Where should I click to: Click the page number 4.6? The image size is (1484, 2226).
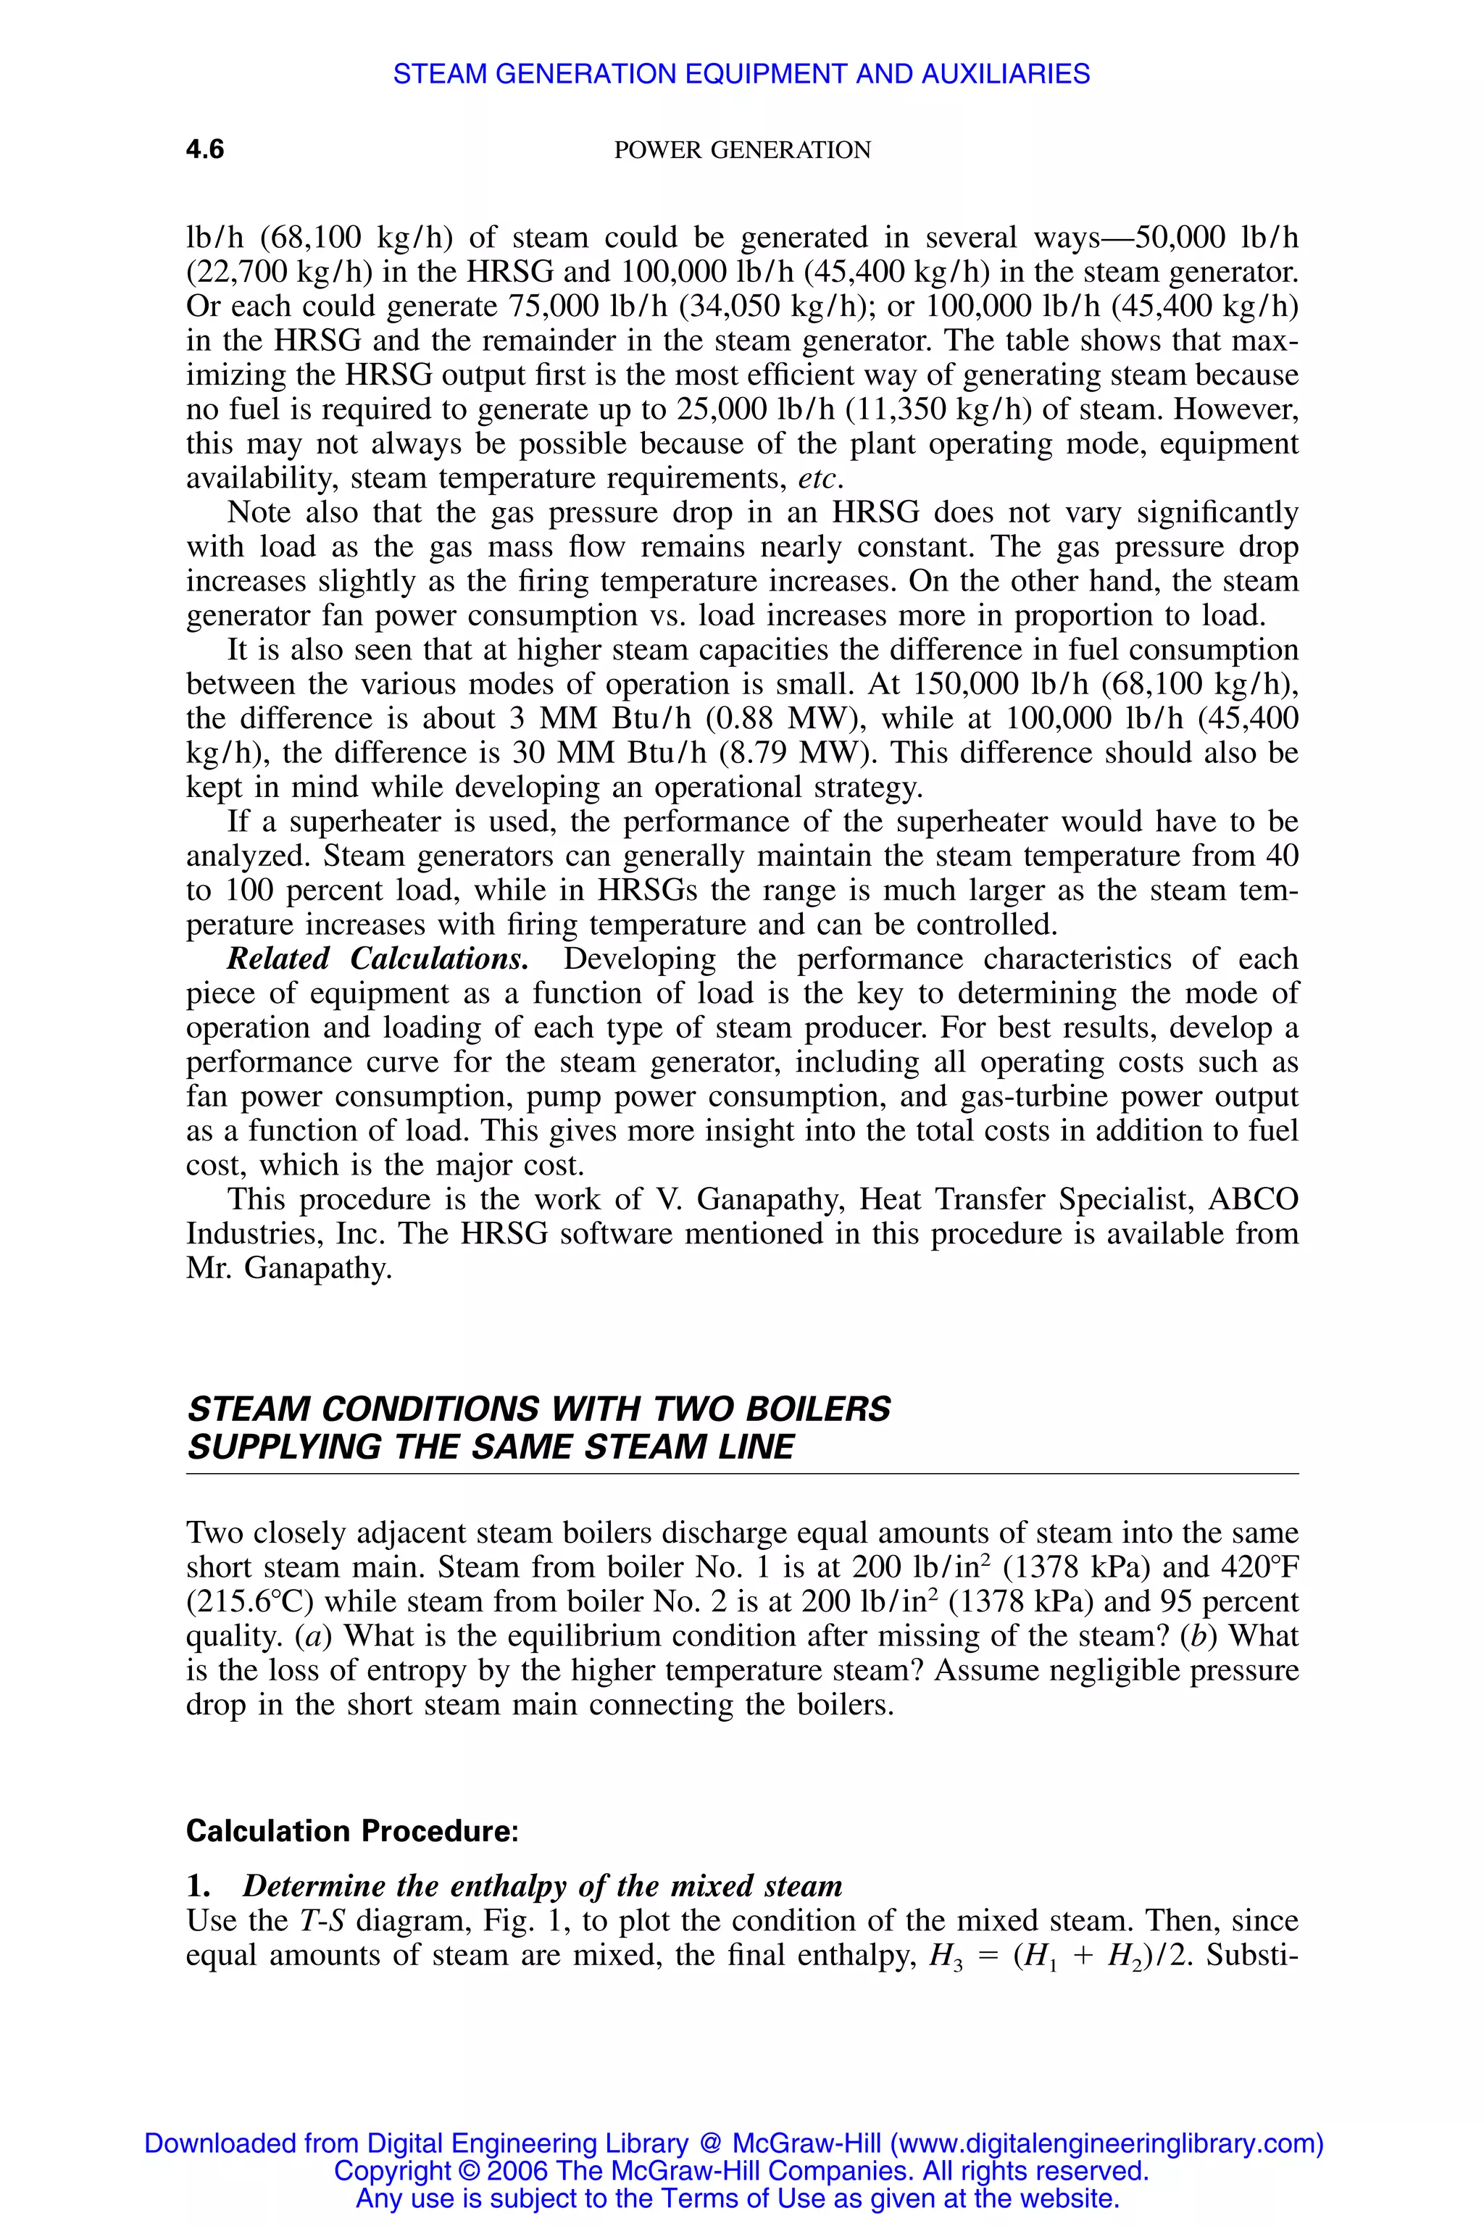pyautogui.click(x=204, y=149)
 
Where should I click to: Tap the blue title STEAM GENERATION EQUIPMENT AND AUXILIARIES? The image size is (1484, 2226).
pyautogui.click(x=741, y=74)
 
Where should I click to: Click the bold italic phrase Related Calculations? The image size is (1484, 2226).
pyautogui.click(x=378, y=959)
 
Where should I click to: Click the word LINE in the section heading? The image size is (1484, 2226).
pyautogui.click(x=754, y=1447)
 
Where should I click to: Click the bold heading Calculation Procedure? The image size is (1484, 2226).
pyautogui.click(x=352, y=1831)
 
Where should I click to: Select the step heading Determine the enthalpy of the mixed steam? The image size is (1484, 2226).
pyautogui.click(x=542, y=1886)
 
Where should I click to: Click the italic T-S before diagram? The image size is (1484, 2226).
pyautogui.click(x=322, y=1921)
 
